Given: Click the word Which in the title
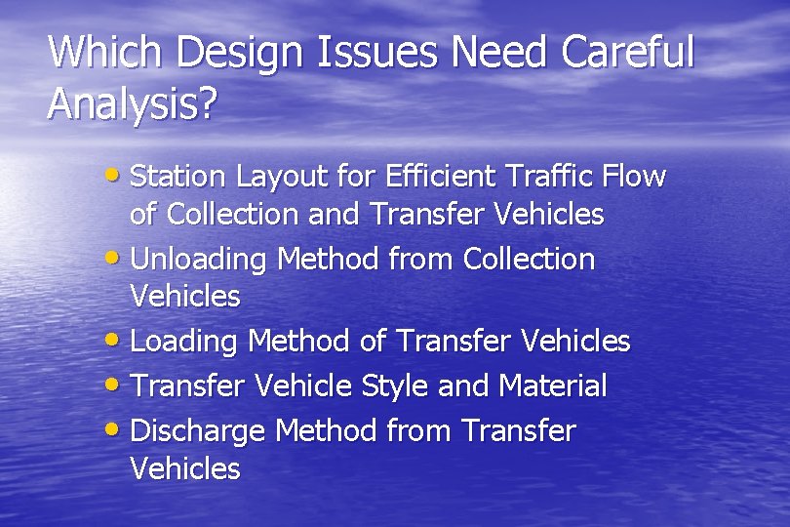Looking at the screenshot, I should pyautogui.click(x=94, y=53).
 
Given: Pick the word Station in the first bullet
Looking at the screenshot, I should pyautogui.click(x=177, y=177).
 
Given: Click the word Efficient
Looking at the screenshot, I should pyautogui.click(x=443, y=177).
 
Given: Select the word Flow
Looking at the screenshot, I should pyautogui.click(x=635, y=177).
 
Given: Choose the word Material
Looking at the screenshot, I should pyautogui.click(x=553, y=386).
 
